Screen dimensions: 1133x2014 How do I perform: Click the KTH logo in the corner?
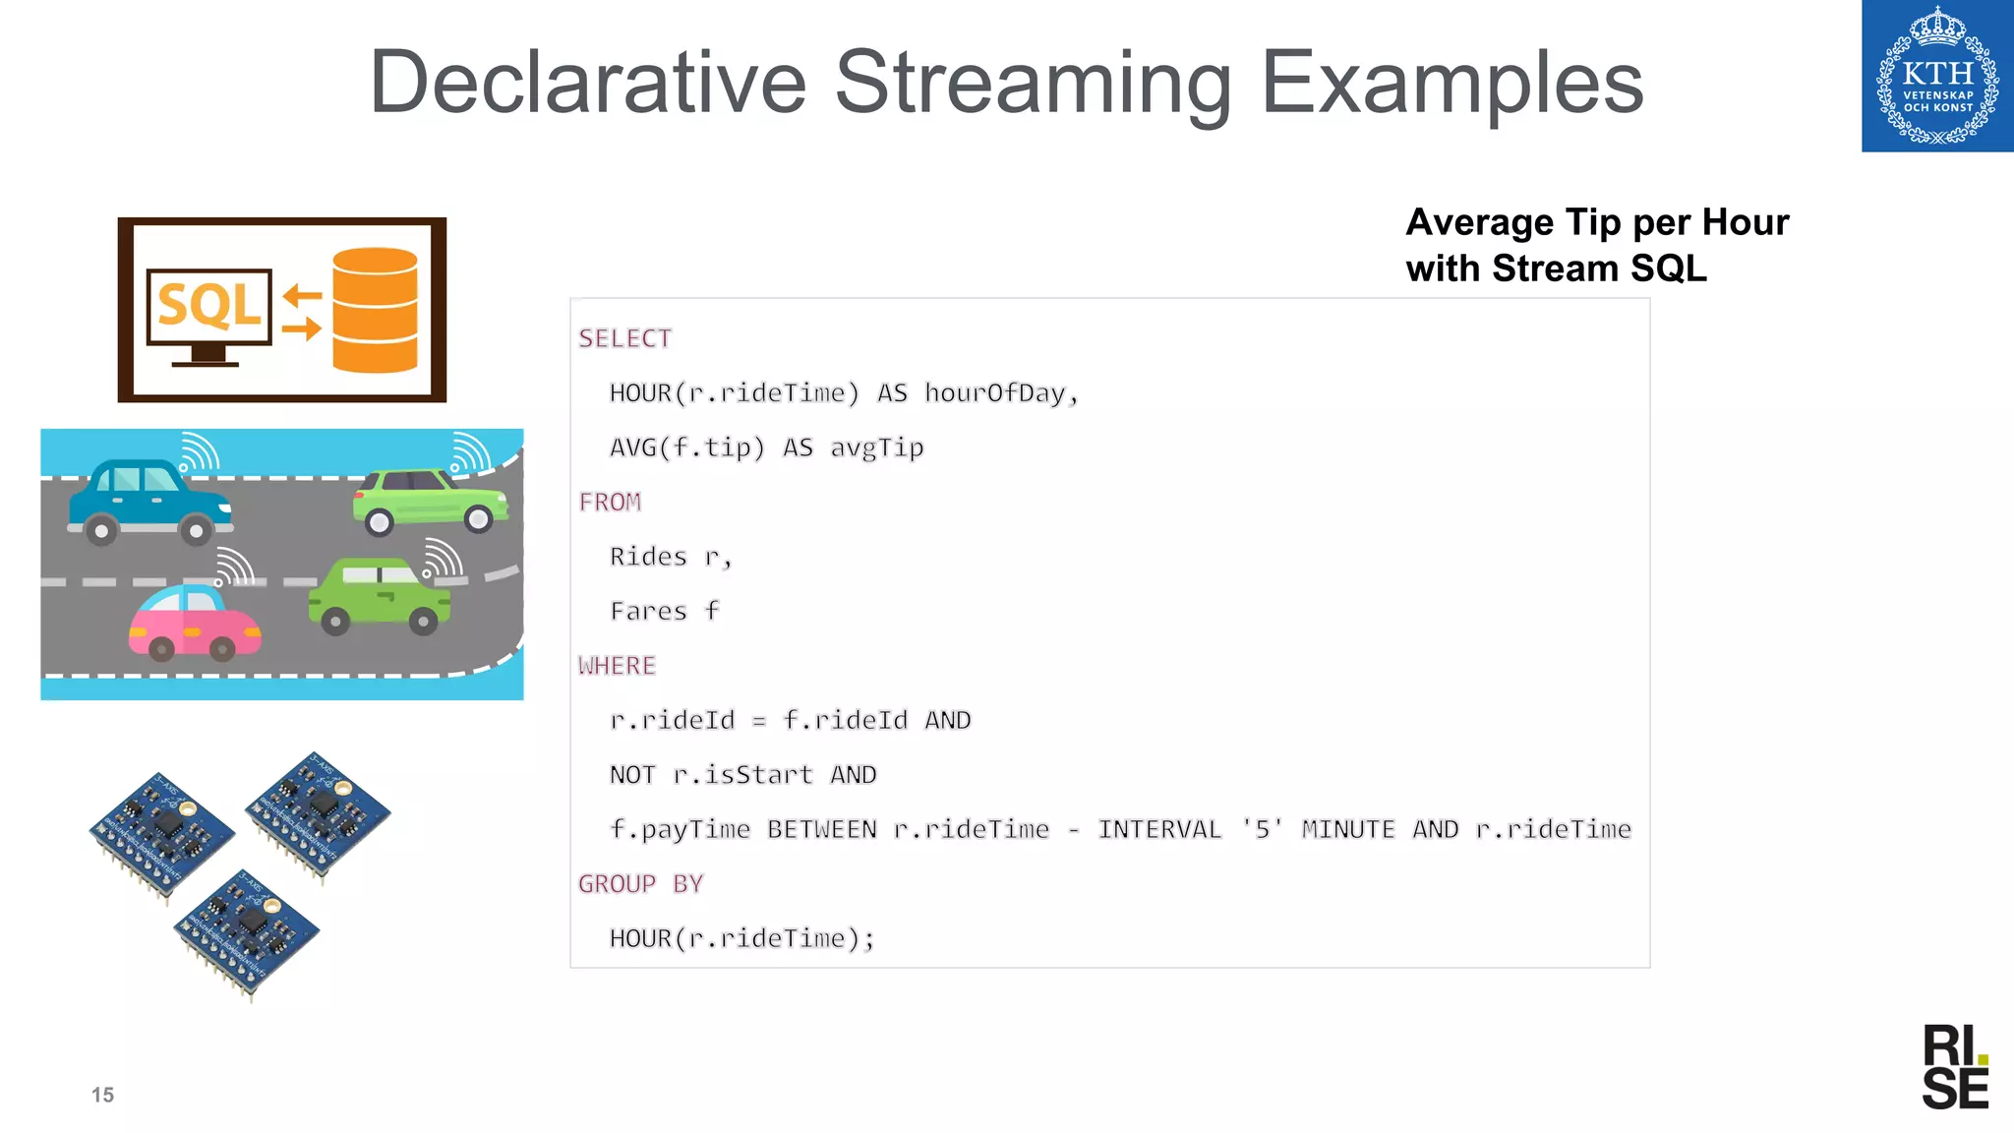click(1936, 76)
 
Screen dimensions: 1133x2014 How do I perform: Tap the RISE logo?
click(1954, 1067)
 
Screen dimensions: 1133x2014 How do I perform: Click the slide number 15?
click(102, 1095)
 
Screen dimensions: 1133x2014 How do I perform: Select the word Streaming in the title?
click(1033, 83)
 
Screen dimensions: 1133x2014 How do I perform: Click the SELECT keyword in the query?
click(624, 338)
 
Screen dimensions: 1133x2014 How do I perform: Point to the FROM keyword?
click(610, 503)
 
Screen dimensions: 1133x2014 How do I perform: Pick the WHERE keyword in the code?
click(617, 666)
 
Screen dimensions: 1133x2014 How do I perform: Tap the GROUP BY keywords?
click(640, 884)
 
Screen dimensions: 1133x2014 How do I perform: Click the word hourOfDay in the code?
click(995, 393)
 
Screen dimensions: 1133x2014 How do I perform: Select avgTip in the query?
click(876, 448)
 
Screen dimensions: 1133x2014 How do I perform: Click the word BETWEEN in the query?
click(821, 830)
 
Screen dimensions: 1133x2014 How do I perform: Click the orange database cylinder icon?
click(375, 310)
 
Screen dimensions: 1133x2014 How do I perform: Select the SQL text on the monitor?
click(209, 305)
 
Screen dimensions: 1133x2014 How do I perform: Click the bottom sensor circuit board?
click(246, 929)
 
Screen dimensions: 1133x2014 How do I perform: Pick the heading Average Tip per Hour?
click(1596, 223)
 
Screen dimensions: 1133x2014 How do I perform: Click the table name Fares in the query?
click(648, 612)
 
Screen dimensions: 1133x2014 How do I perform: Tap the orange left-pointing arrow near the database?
click(302, 294)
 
